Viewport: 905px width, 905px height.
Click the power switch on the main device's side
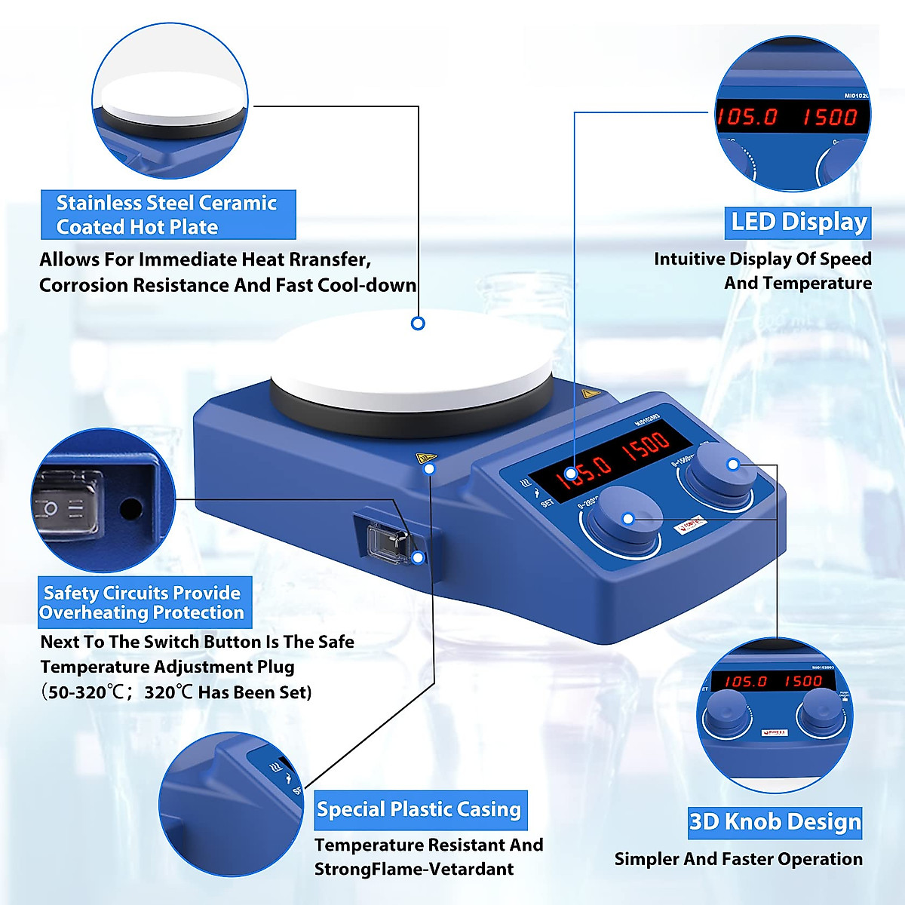(386, 541)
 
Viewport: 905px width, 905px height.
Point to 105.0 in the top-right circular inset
(747, 117)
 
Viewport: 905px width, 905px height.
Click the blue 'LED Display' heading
(798, 222)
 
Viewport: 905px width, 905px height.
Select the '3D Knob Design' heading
(775, 821)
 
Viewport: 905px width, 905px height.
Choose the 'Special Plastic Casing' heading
(419, 810)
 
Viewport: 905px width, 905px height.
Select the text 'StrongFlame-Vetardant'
(413, 869)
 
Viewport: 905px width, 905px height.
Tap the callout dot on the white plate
(418, 323)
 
